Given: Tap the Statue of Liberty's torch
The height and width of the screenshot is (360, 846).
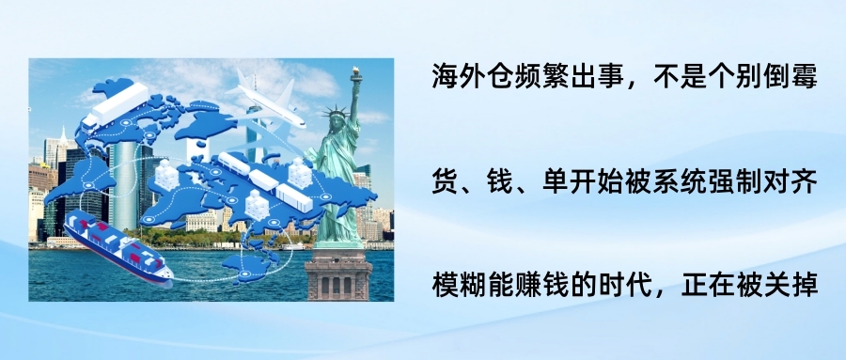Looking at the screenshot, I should [356, 74].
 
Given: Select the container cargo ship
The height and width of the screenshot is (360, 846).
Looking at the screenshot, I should [117, 249].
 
